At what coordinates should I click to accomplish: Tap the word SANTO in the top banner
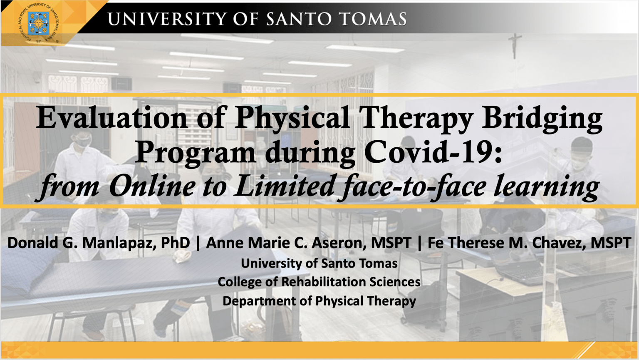click(x=299, y=19)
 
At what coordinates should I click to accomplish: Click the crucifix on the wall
click(x=515, y=46)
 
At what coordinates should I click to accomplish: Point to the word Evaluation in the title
click(x=111, y=118)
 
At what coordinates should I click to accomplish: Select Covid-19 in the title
click(x=433, y=153)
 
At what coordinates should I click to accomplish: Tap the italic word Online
click(x=152, y=186)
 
